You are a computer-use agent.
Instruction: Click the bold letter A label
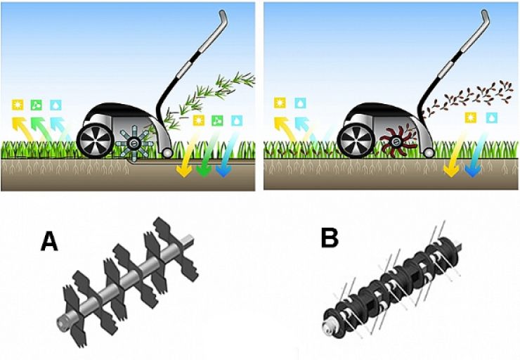click(x=49, y=241)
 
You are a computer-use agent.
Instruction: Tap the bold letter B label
click(x=330, y=238)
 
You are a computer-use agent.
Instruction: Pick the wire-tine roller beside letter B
click(x=392, y=281)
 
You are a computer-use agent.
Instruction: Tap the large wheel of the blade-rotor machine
click(x=95, y=141)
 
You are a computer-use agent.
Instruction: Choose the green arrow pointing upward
click(x=41, y=129)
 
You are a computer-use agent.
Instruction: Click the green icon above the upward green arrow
click(x=36, y=105)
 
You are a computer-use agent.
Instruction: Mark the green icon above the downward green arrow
click(x=218, y=120)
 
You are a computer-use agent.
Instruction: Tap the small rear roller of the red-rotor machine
click(x=429, y=153)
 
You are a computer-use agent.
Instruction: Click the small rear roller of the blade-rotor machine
click(x=167, y=153)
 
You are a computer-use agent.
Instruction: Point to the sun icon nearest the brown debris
click(x=470, y=118)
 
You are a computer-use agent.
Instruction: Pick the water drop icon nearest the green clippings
click(x=237, y=120)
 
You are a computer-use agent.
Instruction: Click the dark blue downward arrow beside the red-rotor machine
click(x=476, y=154)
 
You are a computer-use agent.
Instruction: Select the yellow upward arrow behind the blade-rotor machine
click(x=22, y=129)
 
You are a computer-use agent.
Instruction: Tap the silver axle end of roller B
click(x=328, y=327)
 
